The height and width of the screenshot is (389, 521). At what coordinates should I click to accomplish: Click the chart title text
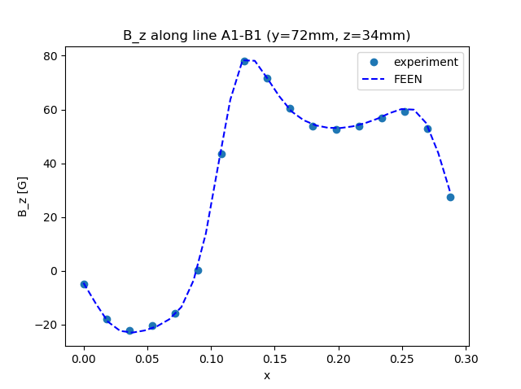point(266,35)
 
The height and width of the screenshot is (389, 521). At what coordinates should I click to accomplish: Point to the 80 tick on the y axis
point(50,56)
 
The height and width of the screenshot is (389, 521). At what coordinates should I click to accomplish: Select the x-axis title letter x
point(266,375)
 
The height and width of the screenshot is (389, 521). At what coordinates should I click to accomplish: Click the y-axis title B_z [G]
point(23,196)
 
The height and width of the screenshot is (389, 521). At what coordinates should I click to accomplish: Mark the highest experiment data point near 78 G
point(244,61)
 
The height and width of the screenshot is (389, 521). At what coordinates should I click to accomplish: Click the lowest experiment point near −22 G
point(129,330)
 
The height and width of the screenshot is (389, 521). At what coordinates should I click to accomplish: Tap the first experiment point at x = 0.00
point(84,284)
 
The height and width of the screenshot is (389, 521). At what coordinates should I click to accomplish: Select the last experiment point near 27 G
point(450,197)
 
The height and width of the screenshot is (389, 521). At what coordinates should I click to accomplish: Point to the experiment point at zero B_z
point(198,270)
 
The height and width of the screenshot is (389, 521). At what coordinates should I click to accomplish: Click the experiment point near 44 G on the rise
point(221,154)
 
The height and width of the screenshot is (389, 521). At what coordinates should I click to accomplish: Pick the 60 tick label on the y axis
point(50,110)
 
